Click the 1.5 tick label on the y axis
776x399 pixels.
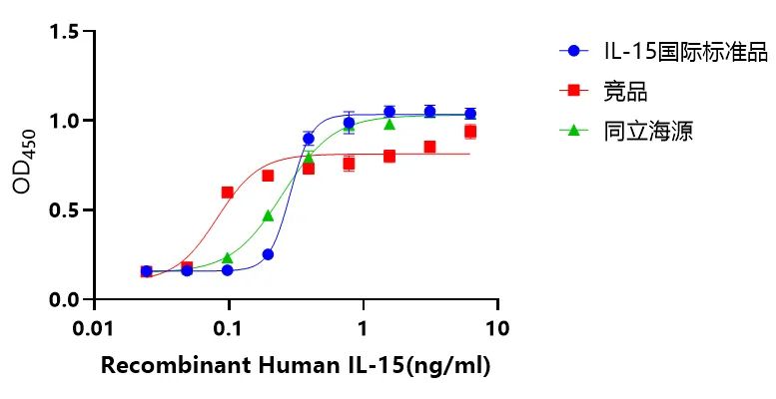coord(66,32)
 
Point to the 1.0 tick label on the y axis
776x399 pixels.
coord(66,121)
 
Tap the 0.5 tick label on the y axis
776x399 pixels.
coord(66,210)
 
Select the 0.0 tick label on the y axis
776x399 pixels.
coord(66,299)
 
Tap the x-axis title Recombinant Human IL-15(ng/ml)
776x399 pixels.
coord(296,366)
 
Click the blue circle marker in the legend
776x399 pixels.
coord(573,51)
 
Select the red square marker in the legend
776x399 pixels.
coord(573,91)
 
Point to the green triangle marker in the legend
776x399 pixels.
coord(573,130)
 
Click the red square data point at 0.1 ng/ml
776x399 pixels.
coord(228,192)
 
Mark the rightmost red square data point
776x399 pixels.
coord(470,132)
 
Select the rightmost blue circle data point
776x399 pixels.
coord(470,114)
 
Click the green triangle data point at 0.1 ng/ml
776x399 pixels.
coord(228,258)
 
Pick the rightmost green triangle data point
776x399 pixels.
coord(389,124)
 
